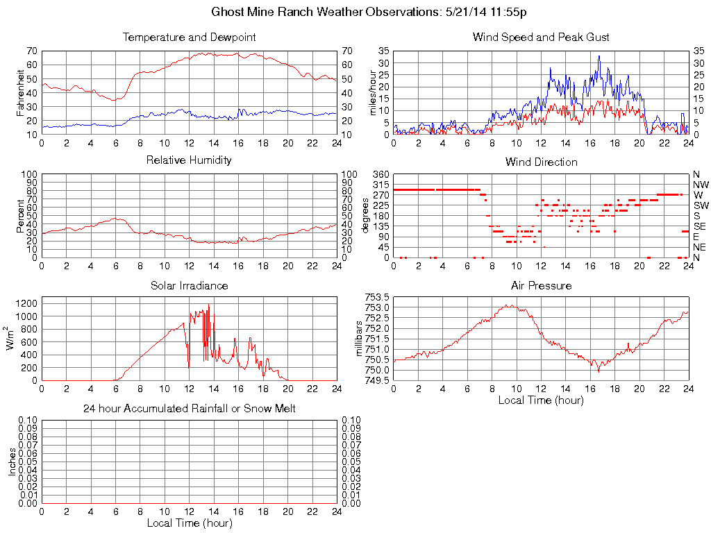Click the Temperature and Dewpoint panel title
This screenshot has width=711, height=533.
[189, 37]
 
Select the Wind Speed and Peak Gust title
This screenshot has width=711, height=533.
[541, 37]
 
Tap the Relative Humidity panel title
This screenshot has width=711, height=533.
[189, 160]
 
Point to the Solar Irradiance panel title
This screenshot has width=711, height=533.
[189, 285]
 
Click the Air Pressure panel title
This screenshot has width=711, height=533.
[541, 285]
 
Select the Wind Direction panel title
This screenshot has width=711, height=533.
[541, 162]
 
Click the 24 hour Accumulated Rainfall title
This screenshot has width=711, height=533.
[189, 409]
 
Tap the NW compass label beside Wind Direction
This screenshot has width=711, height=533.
[700, 185]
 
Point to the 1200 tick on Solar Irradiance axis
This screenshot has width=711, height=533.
[27, 303]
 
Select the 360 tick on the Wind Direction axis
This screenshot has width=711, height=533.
[381, 174]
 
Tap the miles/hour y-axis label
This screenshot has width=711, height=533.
[372, 92]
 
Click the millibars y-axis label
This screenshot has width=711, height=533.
[360, 338]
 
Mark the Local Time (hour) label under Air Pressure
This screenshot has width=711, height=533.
[541, 400]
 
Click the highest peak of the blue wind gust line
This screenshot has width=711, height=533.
[599, 56]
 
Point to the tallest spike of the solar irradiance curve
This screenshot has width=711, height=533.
[208, 305]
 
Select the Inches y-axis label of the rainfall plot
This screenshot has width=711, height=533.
[12, 462]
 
